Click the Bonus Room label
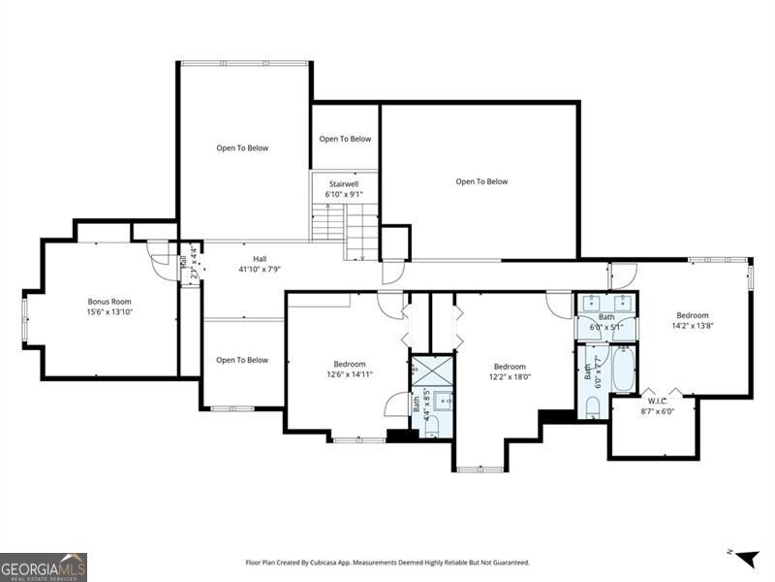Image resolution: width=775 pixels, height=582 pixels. (108, 301)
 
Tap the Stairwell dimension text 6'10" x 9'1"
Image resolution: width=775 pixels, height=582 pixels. (344, 194)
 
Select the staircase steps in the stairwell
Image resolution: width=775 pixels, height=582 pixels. (345, 228)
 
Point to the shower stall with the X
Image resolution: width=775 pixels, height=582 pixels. (431, 372)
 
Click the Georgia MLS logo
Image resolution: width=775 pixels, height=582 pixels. (44, 566)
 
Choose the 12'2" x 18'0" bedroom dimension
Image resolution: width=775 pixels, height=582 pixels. (510, 377)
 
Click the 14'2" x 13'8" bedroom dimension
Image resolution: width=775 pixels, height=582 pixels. (692, 326)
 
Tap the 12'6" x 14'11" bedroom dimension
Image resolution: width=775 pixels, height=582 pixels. (350, 374)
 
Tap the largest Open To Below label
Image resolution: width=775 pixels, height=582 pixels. (481, 181)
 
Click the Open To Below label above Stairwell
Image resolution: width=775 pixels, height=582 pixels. (345, 139)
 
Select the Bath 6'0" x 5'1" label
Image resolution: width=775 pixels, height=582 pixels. (606, 322)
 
